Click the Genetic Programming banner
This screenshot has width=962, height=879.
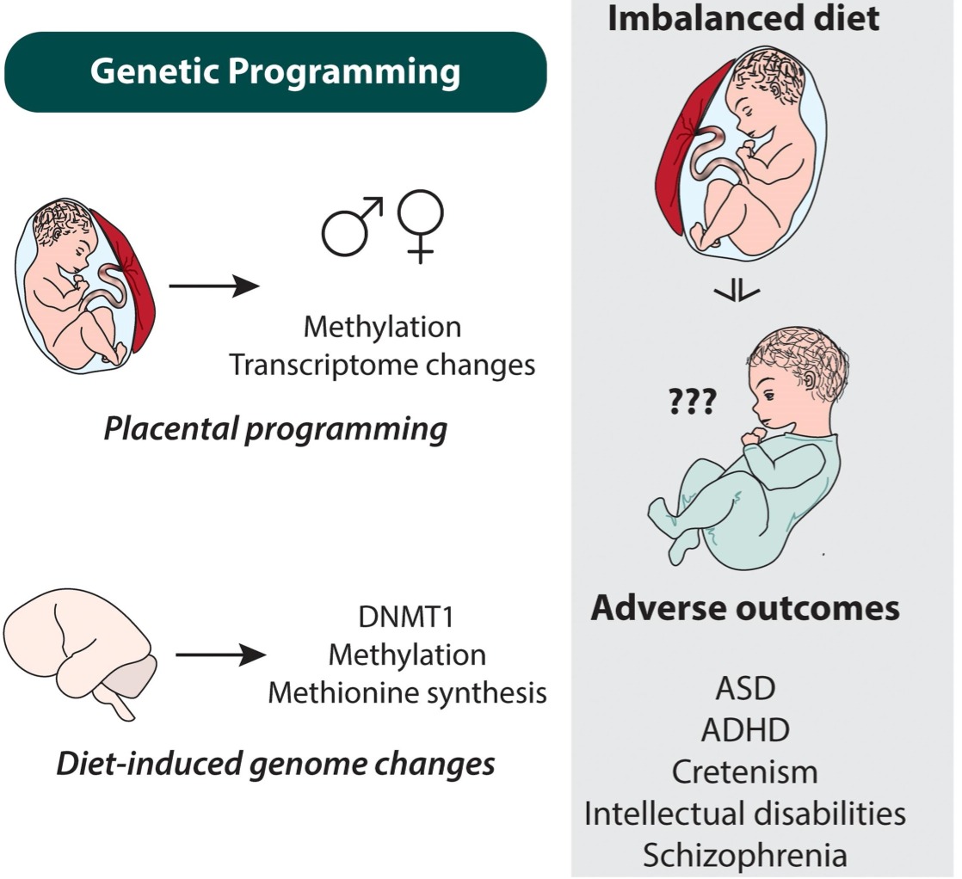[x=275, y=72]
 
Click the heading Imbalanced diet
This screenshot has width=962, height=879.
[x=743, y=19]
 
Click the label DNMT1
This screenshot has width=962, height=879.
[x=407, y=618]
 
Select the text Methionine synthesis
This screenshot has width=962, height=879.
[x=407, y=692]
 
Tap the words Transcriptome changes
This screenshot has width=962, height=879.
[x=382, y=365]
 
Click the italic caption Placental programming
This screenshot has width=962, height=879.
[x=275, y=428]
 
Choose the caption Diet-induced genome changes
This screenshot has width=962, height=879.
[x=275, y=762]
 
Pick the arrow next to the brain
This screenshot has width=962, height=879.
[x=220, y=657]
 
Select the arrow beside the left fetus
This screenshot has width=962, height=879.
[x=213, y=286]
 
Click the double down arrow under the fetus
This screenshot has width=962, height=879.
[x=737, y=292]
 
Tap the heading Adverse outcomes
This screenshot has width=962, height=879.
[x=745, y=609]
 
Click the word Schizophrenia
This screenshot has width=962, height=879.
[x=745, y=855]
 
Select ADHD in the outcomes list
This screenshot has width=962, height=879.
[x=745, y=731]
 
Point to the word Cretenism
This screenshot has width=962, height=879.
[x=745, y=771]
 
